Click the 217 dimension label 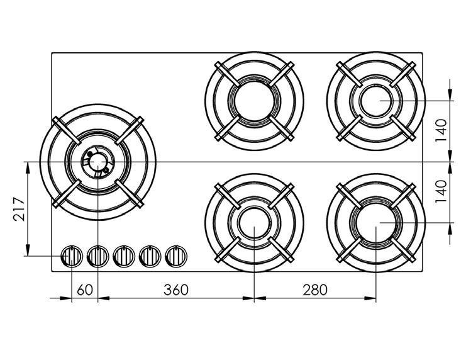click(19, 209)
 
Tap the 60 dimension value click(85, 290)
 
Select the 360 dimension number click(176, 290)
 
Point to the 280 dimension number click(315, 290)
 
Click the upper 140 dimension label click(441, 130)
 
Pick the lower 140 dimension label click(441, 191)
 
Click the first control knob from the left click(72, 256)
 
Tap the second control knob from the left click(97, 256)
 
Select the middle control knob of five click(124, 256)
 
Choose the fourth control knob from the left click(150, 256)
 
